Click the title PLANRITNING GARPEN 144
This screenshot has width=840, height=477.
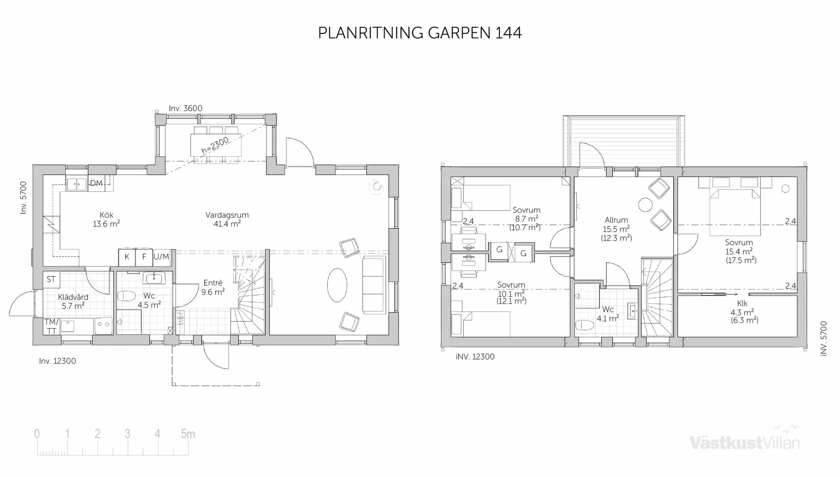pos(420,33)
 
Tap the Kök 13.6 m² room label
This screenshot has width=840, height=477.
pos(106,219)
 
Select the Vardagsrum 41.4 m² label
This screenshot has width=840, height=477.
pos(227,219)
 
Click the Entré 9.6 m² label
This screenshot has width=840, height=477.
pos(213,287)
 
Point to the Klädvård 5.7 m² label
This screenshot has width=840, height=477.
pos(73,301)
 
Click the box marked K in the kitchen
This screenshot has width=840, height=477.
pos(127,257)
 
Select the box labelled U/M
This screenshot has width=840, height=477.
pos(161,257)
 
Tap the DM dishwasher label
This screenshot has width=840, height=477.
pos(96,183)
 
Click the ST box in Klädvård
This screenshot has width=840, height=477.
pos(51,279)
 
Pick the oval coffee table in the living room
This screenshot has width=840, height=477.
pos(337,285)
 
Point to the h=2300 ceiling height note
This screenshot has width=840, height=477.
pos(215,145)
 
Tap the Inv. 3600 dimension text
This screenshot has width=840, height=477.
pos(185,108)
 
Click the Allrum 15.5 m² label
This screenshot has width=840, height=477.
pos(616,229)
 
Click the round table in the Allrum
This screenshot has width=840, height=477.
pos(645,205)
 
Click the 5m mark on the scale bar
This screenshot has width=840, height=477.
pos(188,434)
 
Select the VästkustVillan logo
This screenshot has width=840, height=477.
pos(745,442)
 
